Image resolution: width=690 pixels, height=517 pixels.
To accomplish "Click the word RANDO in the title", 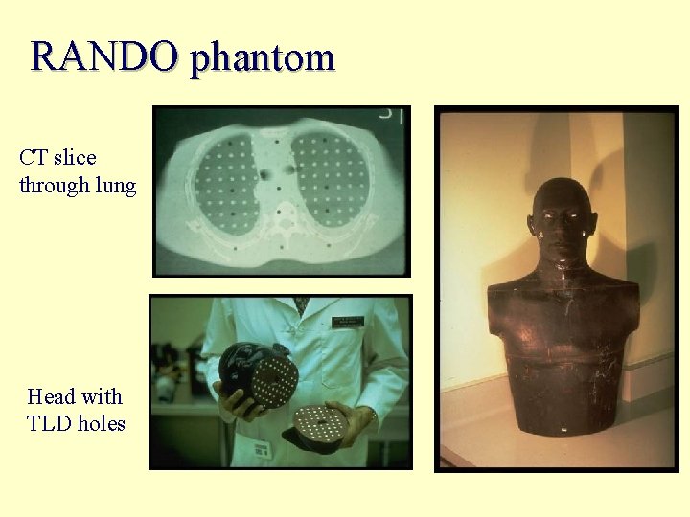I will coord(103,57).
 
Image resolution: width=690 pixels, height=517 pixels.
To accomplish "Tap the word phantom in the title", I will coord(262,59).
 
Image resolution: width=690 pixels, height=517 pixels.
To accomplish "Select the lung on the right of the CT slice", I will coord(332,179).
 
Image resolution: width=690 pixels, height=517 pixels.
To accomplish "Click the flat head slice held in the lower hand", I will coord(322,422).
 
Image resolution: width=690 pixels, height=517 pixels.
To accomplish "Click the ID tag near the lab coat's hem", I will coord(261,447).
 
